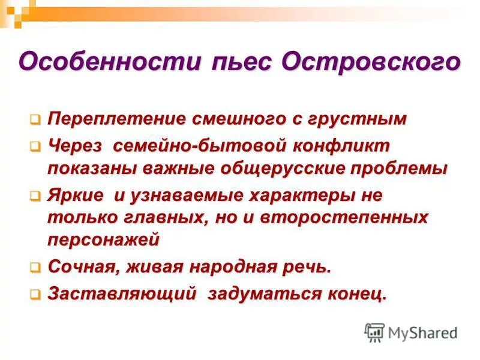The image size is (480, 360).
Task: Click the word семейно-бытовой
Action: [x=183, y=146]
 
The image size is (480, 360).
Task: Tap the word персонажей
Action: [x=103, y=239]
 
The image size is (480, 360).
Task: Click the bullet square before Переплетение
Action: [x=36, y=119]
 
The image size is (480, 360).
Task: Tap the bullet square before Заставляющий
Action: [x=36, y=295]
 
